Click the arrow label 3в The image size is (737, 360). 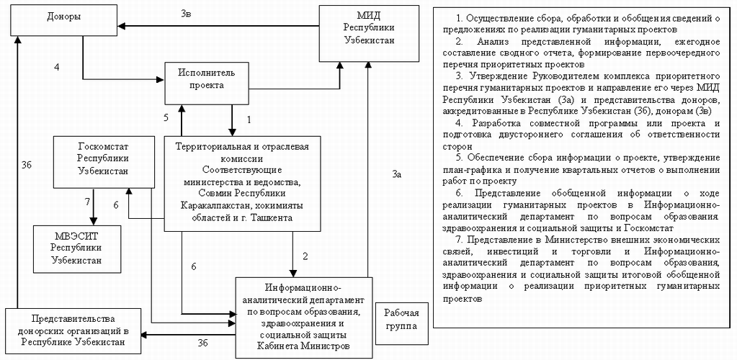[x=186, y=13]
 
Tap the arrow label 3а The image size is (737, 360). [x=397, y=174]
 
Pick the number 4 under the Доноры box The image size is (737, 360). [x=55, y=68]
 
